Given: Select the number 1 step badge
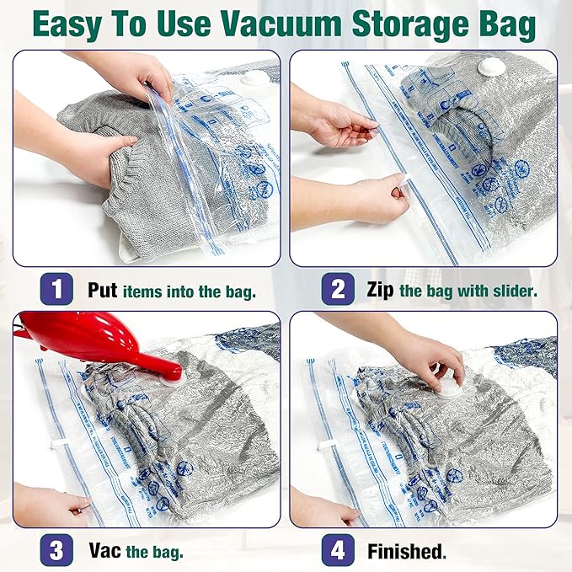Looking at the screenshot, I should (x=56, y=290).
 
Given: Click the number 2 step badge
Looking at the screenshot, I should (x=337, y=290).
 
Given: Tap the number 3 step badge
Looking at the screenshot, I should (x=56, y=551).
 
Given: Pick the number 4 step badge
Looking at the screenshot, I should (x=337, y=551).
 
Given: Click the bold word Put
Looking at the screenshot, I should (x=104, y=291).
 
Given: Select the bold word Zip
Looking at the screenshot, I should (x=381, y=291).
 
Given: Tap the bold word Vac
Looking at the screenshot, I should (x=105, y=552).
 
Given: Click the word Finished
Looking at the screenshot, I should (x=406, y=552).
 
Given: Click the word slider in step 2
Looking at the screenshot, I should (x=513, y=291).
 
